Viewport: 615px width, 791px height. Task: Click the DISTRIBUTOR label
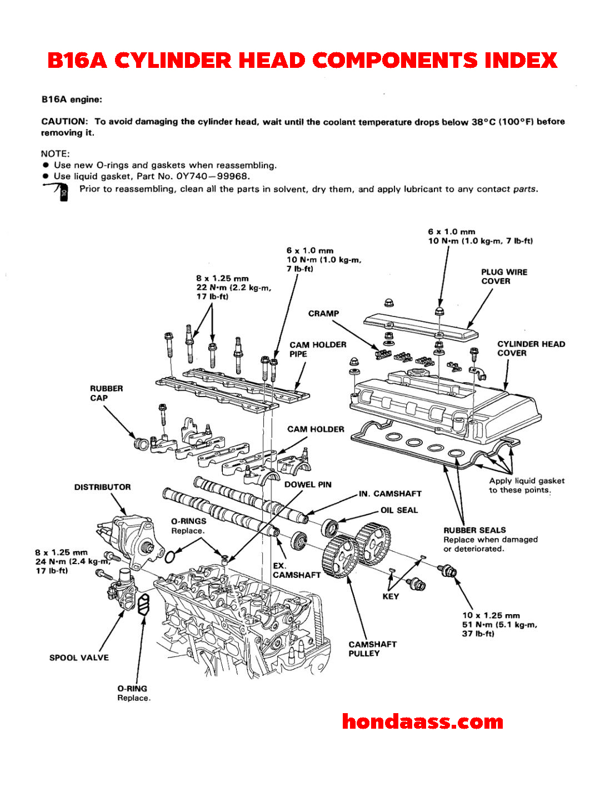(103, 487)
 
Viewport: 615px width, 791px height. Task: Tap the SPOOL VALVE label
(79, 657)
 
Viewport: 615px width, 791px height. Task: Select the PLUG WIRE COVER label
(504, 276)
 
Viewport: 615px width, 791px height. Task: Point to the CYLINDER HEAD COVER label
(531, 348)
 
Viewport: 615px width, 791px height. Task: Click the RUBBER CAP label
(107, 393)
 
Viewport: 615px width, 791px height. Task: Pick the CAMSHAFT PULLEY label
(372, 649)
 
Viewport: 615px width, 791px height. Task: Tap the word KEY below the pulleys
(391, 596)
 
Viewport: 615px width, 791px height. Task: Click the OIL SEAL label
(399, 510)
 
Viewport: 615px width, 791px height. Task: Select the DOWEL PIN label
(308, 485)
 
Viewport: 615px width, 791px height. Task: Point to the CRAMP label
(323, 314)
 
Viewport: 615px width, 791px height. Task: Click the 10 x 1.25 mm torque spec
(491, 616)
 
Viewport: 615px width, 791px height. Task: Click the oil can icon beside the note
(60, 191)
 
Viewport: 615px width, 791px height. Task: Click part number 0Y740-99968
(217, 176)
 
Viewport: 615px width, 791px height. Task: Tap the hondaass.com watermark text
(422, 721)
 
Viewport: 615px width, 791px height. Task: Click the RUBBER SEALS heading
(474, 530)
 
